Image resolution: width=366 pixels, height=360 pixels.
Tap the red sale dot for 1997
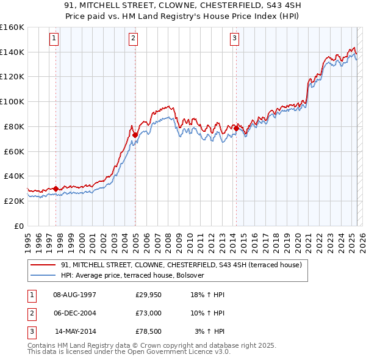(56, 189)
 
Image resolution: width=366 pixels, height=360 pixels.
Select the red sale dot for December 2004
(135, 135)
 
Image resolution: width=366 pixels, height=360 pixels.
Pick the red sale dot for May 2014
(236, 128)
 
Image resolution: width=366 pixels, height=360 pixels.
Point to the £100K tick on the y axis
(12, 101)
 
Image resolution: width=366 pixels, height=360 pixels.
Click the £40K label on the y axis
(14, 176)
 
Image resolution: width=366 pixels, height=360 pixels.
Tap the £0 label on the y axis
(19, 226)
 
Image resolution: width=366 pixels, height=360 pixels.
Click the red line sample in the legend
(43, 265)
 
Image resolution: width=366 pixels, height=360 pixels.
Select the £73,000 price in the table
(148, 313)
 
